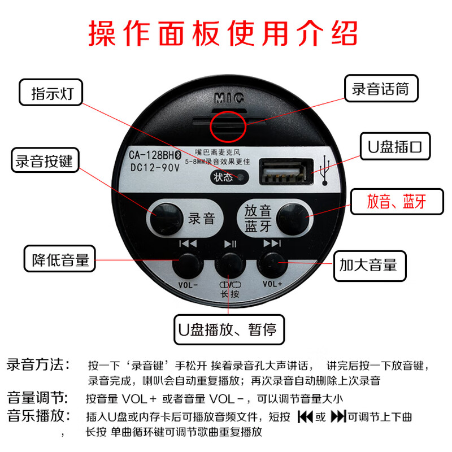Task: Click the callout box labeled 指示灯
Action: (x=50, y=93)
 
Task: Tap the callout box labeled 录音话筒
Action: (x=381, y=89)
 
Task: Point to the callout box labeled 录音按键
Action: (x=44, y=161)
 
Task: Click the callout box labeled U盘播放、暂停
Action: (x=229, y=328)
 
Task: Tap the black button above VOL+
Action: (x=272, y=263)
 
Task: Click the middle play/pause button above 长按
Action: (x=229, y=263)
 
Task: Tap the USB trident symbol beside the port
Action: (x=327, y=171)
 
